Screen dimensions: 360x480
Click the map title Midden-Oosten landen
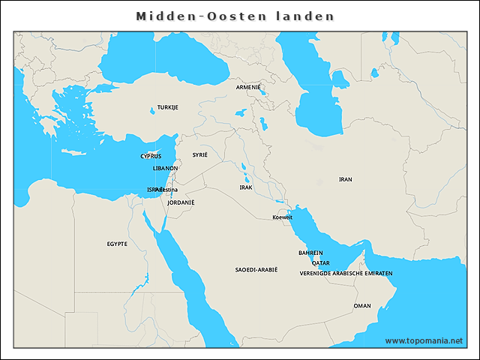(x=235, y=16)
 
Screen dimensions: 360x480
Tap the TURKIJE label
(x=167, y=107)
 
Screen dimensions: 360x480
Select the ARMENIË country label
(x=248, y=87)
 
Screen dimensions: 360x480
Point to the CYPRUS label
(x=151, y=156)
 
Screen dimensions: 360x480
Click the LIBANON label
(x=165, y=168)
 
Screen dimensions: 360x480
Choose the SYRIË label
(x=199, y=154)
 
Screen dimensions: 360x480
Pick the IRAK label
(x=246, y=187)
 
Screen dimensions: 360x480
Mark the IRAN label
(x=345, y=179)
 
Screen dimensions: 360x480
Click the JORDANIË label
(x=181, y=202)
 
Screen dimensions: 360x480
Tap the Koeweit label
(x=282, y=217)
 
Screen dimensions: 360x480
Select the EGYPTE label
(x=117, y=244)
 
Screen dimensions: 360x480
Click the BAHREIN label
(x=310, y=253)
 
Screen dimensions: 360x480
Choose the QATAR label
(x=320, y=263)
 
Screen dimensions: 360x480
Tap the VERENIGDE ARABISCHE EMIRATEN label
(x=346, y=273)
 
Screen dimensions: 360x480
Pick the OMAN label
(x=362, y=305)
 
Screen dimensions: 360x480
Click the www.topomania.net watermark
(x=424, y=340)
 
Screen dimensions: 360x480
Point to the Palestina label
(x=166, y=190)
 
